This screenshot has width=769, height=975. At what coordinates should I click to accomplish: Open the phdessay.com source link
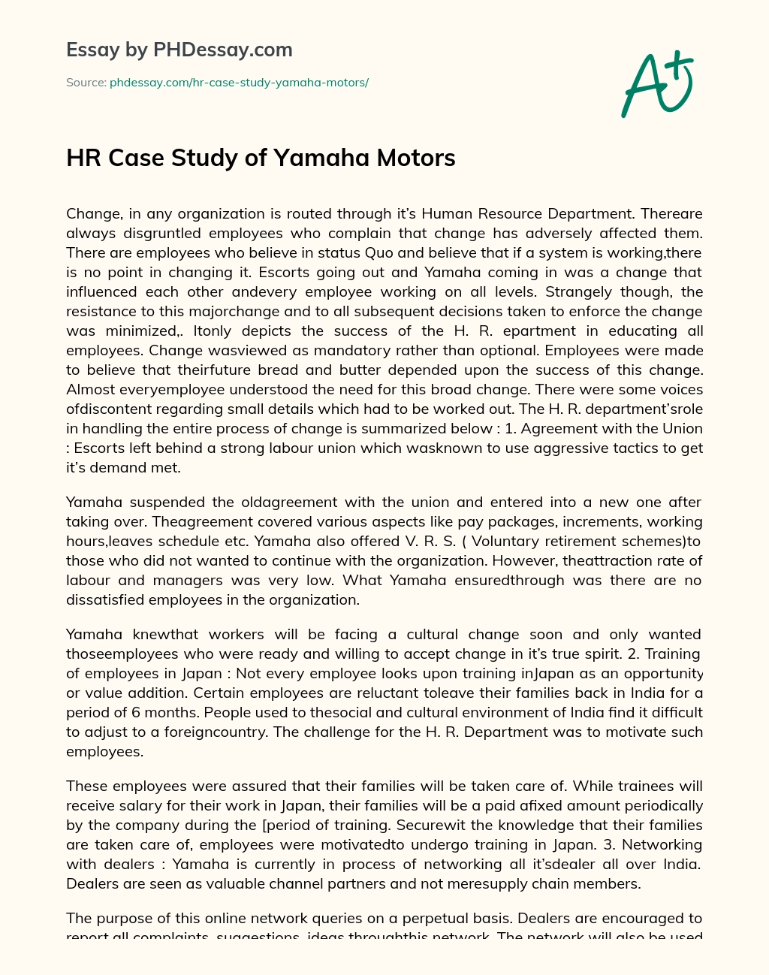point(239,83)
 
